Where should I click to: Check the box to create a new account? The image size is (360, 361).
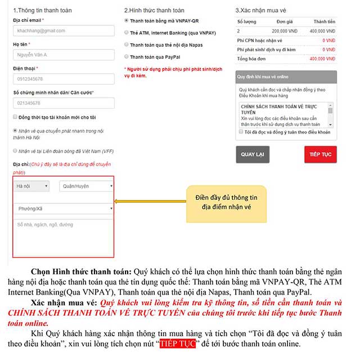(15, 117)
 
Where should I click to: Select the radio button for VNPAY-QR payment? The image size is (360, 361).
(126, 21)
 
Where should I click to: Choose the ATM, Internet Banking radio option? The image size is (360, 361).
(126, 33)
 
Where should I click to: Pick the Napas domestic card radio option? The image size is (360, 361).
(126, 45)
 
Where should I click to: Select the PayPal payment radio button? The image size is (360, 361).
(126, 57)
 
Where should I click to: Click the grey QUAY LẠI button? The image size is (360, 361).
(253, 154)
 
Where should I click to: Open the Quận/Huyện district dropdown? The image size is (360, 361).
(84, 185)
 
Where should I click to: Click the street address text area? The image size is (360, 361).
(63, 237)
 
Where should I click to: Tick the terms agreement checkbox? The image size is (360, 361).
(241, 132)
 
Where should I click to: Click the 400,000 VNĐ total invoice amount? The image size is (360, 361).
(323, 58)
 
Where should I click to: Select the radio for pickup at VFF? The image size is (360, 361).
(15, 151)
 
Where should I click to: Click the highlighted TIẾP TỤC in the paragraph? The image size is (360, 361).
(177, 343)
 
